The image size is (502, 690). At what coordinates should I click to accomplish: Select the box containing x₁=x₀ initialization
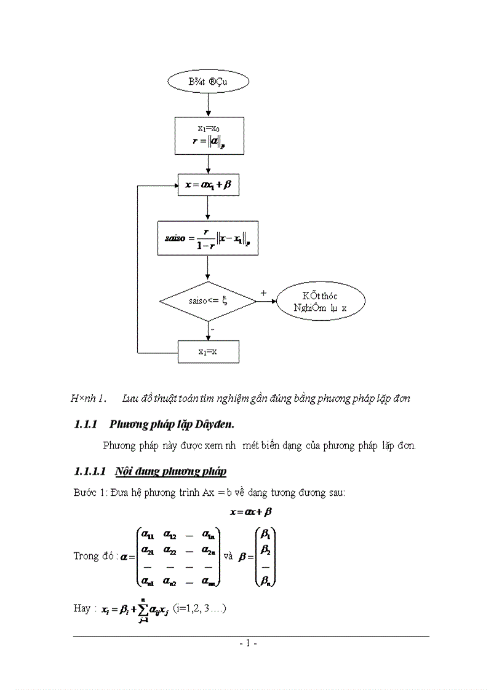click(209, 135)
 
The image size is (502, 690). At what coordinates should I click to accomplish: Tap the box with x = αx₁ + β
click(208, 184)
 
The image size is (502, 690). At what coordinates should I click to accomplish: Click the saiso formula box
click(208, 238)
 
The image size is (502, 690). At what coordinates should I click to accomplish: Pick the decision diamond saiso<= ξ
click(208, 302)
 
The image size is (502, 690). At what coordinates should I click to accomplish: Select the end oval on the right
click(321, 302)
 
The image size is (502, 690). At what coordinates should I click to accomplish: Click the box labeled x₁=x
click(208, 352)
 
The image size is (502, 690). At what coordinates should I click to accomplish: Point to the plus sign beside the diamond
click(264, 293)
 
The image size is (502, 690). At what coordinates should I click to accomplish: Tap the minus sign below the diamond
click(212, 330)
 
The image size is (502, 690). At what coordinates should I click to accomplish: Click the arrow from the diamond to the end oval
click(266, 302)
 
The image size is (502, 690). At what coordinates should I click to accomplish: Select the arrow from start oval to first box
click(209, 106)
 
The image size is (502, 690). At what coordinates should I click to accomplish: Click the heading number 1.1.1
click(87, 424)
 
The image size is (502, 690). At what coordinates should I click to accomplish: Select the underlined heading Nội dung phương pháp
click(170, 471)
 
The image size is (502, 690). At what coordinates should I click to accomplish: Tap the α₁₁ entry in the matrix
click(148, 533)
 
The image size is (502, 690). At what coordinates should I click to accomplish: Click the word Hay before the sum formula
click(82, 608)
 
